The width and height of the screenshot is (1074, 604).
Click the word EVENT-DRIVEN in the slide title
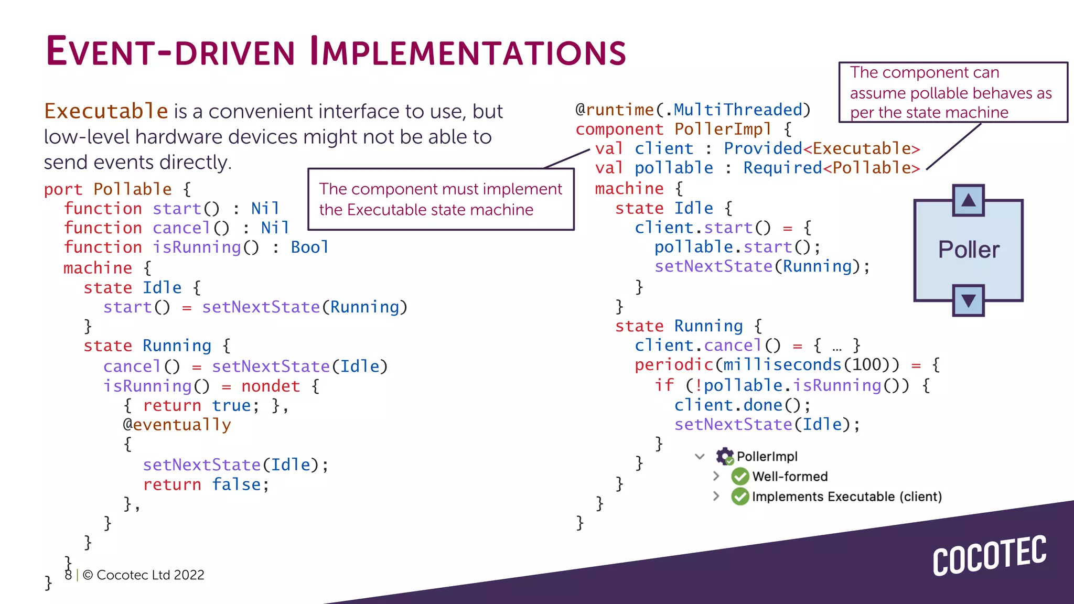point(170,52)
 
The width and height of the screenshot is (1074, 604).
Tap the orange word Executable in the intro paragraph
point(106,111)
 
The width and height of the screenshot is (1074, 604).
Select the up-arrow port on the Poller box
point(968,200)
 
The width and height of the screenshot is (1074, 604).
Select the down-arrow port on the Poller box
point(968,300)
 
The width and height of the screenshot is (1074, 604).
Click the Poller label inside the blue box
point(969,250)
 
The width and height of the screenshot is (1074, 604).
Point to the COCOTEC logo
point(989,556)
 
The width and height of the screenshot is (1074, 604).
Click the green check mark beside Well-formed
point(740,477)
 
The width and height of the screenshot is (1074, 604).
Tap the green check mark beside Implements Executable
point(740,496)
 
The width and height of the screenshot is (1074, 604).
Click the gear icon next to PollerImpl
point(725,457)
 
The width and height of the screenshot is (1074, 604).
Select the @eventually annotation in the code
point(177,425)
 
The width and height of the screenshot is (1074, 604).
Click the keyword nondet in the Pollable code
point(271,386)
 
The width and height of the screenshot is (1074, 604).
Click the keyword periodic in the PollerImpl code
point(674,365)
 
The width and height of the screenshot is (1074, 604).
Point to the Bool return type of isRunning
point(309,247)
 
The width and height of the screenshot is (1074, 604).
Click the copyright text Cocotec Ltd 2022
point(143,575)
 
